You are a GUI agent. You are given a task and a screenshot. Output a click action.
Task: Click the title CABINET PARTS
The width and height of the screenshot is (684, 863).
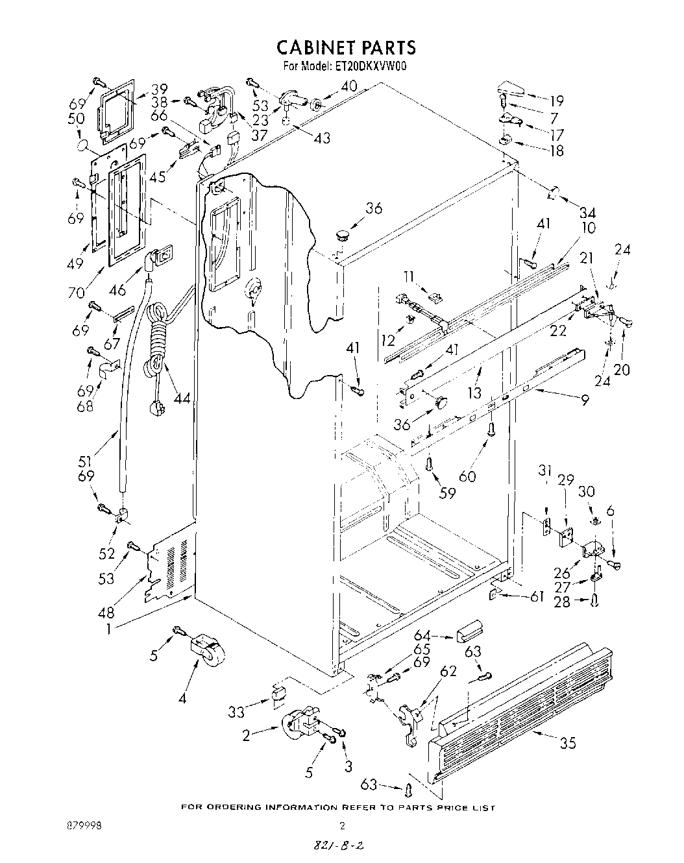(x=345, y=47)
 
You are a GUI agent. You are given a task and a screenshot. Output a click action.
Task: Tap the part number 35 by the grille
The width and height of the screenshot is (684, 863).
(x=567, y=743)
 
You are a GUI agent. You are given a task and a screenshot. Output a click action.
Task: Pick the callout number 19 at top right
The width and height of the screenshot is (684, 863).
(x=556, y=101)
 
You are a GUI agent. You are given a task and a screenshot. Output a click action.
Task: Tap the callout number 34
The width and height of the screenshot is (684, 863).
(x=587, y=213)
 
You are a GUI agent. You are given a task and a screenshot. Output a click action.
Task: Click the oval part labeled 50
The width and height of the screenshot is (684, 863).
(x=83, y=144)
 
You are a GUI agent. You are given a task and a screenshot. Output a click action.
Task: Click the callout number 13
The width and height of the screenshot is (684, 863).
(x=475, y=393)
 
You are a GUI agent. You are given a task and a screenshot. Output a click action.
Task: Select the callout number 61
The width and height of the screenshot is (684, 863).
(x=536, y=596)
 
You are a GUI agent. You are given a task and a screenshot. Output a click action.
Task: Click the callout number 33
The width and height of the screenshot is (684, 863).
(x=236, y=712)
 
